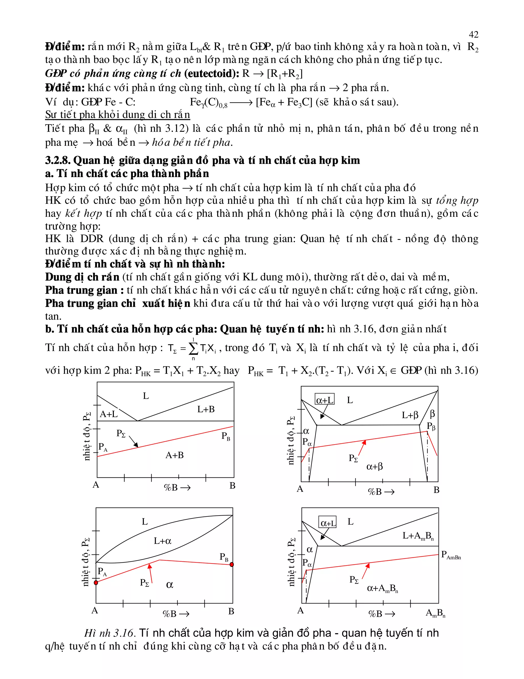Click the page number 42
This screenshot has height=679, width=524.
473,34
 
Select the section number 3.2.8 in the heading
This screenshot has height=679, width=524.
58,160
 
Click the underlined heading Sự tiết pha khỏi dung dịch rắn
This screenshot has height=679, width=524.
117,115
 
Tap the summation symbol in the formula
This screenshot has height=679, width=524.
193,349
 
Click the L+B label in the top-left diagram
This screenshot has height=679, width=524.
206,409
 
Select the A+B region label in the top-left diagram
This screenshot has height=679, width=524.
174,455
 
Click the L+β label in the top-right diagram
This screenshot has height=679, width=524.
410,415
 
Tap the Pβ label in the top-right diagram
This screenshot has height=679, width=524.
431,426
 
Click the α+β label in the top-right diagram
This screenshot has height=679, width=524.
374,466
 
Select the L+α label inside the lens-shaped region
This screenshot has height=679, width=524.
162,541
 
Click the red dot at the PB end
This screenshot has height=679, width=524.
232,564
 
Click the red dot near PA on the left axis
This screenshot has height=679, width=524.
96,582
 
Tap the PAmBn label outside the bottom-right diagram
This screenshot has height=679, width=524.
451,555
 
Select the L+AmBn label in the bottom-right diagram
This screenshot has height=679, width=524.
418,536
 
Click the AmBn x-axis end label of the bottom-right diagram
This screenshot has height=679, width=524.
435,613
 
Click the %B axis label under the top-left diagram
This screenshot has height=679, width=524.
177,488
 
